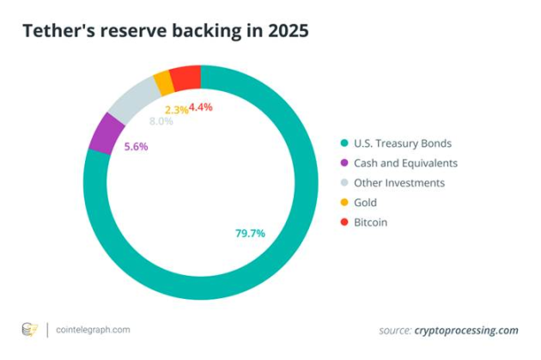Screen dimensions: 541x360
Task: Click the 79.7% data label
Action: tap(250, 234)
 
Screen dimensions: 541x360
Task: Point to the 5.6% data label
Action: tap(136, 147)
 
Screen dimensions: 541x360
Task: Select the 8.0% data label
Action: tap(161, 121)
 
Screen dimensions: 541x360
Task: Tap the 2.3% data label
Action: tap(177, 110)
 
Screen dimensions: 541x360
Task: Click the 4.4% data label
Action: tap(200, 107)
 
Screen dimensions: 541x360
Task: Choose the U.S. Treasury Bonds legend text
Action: tap(403, 143)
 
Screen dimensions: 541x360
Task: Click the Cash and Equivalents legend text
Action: tap(405, 163)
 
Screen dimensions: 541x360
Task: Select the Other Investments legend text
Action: tap(399, 183)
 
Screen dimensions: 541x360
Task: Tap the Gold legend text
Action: tap(365, 202)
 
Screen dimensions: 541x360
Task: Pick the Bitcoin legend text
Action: tap(371, 222)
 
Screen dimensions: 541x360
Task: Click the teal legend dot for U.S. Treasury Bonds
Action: tap(344, 143)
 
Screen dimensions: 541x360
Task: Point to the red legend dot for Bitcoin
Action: tap(344, 222)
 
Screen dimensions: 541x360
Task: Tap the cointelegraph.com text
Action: tap(93, 330)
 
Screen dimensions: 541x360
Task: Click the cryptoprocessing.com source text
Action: tap(466, 331)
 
